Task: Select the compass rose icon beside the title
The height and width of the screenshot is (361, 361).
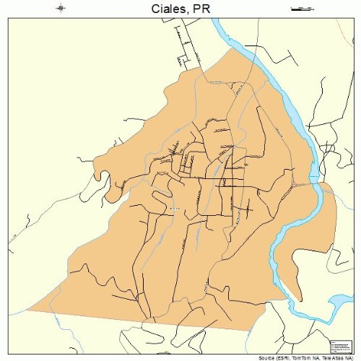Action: [61, 9]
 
